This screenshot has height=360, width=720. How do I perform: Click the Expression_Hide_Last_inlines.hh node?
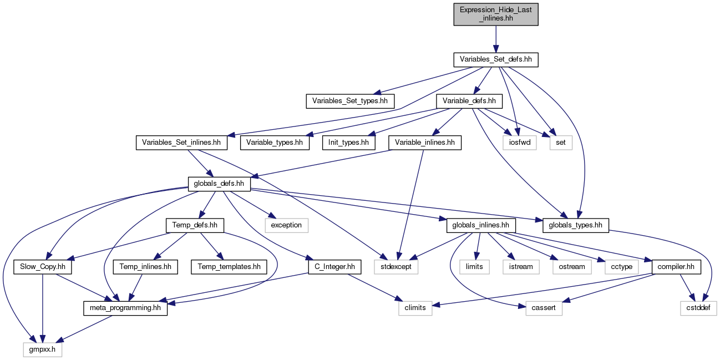[496, 14]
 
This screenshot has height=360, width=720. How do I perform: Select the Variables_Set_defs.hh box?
[496, 60]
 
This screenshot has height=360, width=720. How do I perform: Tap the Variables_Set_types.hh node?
[350, 102]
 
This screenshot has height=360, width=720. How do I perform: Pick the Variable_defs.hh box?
[469, 102]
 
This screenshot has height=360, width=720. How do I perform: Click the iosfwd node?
[520, 143]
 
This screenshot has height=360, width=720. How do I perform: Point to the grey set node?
[561, 143]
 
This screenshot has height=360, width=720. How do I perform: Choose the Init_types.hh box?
[349, 143]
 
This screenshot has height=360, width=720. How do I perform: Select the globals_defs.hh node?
[219, 184]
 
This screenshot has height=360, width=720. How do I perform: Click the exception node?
[286, 225]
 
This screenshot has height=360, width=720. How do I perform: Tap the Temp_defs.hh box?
[195, 225]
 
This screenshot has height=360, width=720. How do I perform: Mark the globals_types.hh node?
[576, 225]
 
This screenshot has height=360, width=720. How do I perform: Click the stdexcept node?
[396, 267]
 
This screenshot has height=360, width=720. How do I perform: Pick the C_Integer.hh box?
[334, 267]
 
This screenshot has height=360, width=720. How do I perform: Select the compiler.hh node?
[676, 267]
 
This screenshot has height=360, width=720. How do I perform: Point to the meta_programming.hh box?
[125, 308]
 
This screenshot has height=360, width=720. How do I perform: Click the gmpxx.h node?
[42, 349]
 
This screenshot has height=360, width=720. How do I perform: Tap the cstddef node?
[698, 308]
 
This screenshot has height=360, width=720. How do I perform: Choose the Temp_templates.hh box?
[229, 267]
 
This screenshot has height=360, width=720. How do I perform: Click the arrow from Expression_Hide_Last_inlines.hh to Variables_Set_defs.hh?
[496, 39]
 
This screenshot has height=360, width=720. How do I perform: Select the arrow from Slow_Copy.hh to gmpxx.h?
[42, 308]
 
